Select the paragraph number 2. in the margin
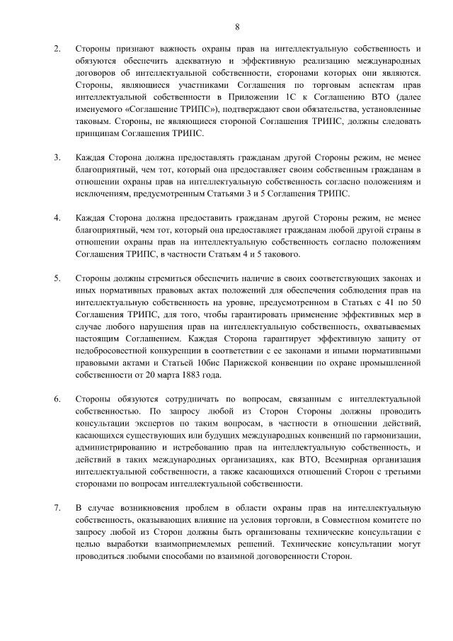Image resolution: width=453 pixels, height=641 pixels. click(57, 48)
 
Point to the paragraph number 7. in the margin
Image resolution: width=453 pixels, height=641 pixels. click(57, 508)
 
